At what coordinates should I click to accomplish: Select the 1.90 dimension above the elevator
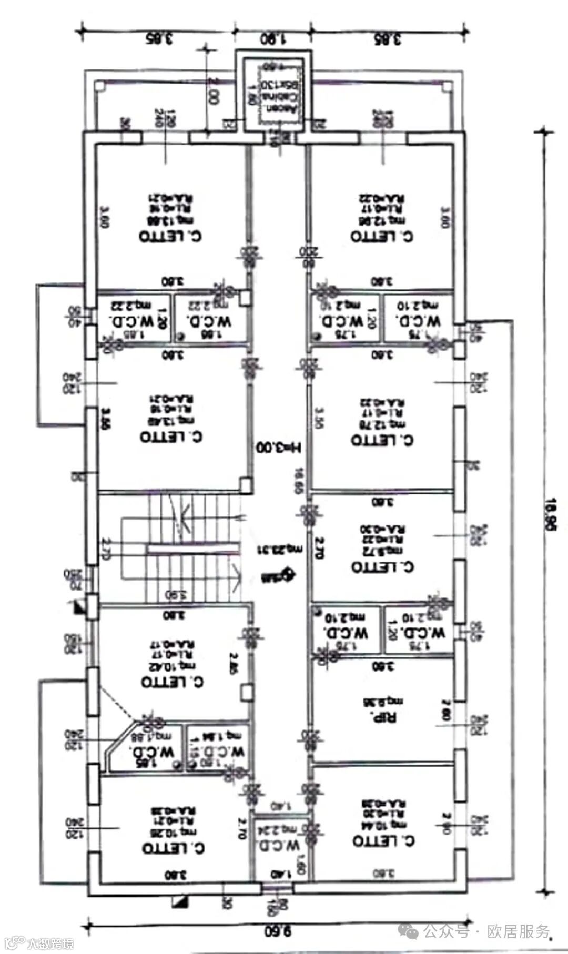272,39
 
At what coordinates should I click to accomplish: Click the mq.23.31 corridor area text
279,549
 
